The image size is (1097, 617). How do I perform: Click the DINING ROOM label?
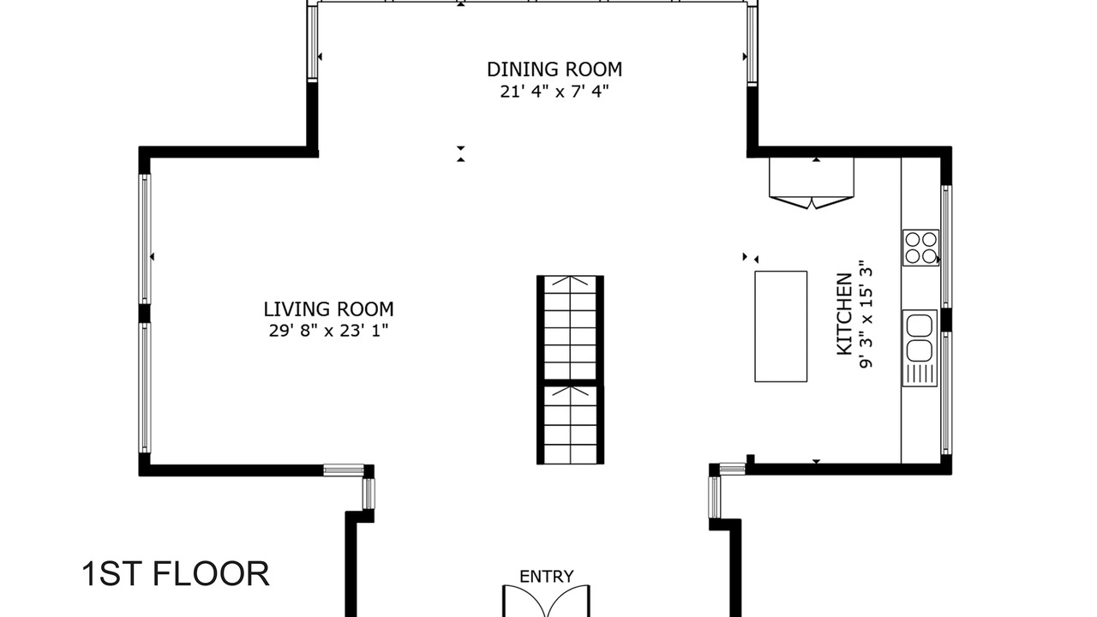tap(554, 69)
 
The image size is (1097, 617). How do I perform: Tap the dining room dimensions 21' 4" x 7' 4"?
tap(554, 92)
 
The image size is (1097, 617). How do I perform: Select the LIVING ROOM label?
tap(328, 309)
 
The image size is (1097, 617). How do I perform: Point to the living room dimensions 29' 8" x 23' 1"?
tap(328, 331)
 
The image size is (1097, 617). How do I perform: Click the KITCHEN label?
tap(844, 314)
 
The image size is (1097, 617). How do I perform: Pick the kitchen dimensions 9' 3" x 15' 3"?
tap(866, 314)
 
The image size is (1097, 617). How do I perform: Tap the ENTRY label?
tap(547, 577)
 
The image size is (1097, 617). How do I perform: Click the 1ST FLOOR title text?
tap(176, 574)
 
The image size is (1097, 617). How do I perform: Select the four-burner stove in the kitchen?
tap(920, 248)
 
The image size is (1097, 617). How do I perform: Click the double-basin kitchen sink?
tap(920, 348)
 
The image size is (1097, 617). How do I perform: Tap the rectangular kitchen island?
tap(781, 326)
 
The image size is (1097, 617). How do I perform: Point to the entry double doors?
tap(546, 601)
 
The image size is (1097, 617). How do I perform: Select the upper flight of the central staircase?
tap(570, 327)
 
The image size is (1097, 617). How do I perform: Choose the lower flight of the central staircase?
tap(570, 424)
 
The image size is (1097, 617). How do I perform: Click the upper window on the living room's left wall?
tap(145, 239)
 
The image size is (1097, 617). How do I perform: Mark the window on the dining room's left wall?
tap(313, 42)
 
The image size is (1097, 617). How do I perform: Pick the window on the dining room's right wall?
tap(752, 44)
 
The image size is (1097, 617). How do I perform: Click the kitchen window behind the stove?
tap(946, 246)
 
